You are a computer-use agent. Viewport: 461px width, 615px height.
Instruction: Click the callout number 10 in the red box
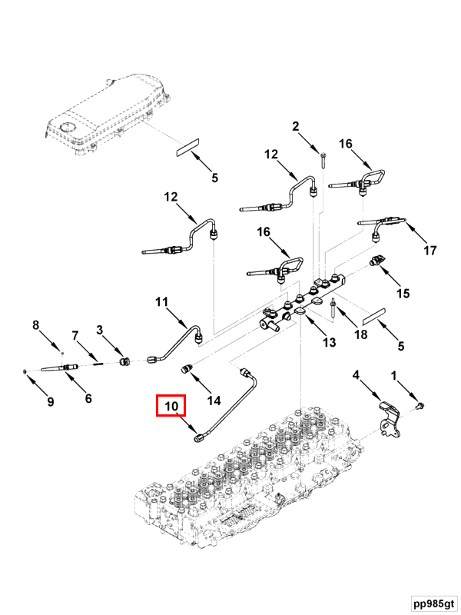(x=171, y=406)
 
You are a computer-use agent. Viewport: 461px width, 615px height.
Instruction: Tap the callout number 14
(x=214, y=401)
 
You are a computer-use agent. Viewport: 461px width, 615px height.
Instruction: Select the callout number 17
(x=430, y=251)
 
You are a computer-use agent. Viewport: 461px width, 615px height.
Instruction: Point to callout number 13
(x=330, y=342)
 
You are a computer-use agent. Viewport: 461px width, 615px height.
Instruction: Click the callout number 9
(x=50, y=401)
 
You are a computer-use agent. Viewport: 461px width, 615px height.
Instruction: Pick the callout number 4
(x=356, y=375)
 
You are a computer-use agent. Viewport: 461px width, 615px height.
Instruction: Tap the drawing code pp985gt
(x=434, y=603)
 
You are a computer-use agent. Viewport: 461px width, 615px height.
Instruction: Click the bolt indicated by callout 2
(x=323, y=160)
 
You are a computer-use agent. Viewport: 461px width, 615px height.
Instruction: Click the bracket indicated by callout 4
(x=389, y=419)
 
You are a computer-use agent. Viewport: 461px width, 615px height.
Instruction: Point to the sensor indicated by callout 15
(x=376, y=261)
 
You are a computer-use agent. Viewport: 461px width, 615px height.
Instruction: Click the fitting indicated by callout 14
(x=187, y=370)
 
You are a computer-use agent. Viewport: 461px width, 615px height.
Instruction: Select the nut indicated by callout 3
(x=125, y=361)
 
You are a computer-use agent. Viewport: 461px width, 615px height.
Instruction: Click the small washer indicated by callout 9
(x=25, y=371)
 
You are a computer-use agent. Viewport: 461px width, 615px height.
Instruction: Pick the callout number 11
(x=161, y=302)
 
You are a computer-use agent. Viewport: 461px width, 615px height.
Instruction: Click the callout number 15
(x=403, y=294)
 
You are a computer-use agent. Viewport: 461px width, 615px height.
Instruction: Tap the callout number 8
(x=35, y=325)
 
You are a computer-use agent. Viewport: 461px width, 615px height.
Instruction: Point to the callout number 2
(x=295, y=126)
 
